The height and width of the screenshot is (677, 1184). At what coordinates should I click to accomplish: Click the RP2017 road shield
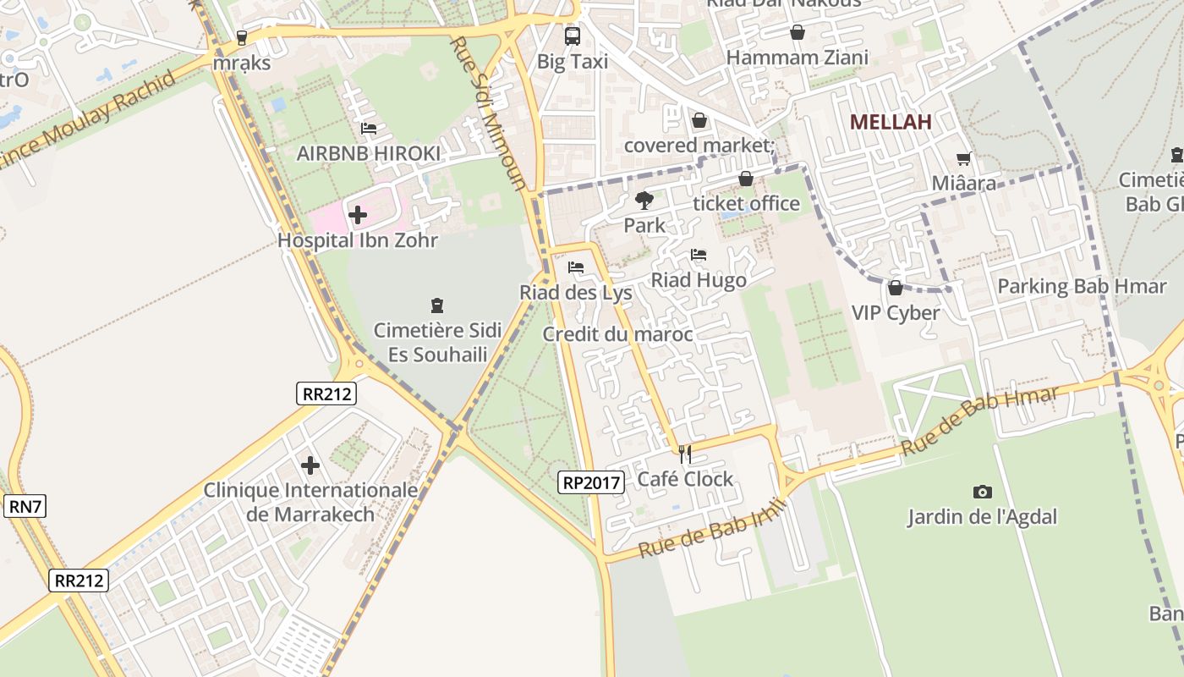click(591, 483)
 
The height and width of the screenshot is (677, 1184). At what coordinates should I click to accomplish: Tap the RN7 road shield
click(25, 507)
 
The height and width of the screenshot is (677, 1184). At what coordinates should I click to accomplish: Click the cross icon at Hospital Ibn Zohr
click(358, 215)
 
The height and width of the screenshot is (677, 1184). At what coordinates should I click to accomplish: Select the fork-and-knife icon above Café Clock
click(685, 454)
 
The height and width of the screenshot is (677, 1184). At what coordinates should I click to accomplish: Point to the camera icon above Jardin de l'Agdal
click(982, 492)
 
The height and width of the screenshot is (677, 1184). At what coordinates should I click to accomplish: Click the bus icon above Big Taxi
click(573, 36)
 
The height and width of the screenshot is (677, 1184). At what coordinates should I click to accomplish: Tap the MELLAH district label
click(891, 122)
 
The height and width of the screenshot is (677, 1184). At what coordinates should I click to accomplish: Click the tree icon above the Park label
click(644, 201)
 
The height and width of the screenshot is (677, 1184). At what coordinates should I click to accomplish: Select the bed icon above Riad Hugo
click(699, 254)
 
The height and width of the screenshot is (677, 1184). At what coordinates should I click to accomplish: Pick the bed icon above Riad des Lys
click(576, 267)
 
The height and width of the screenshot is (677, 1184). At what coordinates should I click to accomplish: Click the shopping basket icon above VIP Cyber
click(896, 288)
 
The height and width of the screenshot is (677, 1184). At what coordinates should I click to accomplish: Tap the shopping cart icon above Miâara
click(963, 158)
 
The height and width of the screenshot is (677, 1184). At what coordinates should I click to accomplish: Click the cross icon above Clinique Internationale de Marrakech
click(310, 465)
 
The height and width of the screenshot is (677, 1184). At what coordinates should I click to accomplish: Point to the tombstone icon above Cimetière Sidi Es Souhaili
click(437, 305)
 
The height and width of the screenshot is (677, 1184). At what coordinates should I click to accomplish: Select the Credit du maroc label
click(617, 334)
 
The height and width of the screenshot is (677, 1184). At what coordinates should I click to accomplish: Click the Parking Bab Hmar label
click(1082, 286)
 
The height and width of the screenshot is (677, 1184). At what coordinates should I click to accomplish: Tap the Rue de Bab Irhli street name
click(712, 529)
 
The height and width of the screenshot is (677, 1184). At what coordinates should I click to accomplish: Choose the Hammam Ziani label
click(797, 58)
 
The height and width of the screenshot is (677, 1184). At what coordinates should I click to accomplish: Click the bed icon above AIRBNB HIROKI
click(369, 129)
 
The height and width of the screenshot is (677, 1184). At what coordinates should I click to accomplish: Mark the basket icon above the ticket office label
click(746, 179)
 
